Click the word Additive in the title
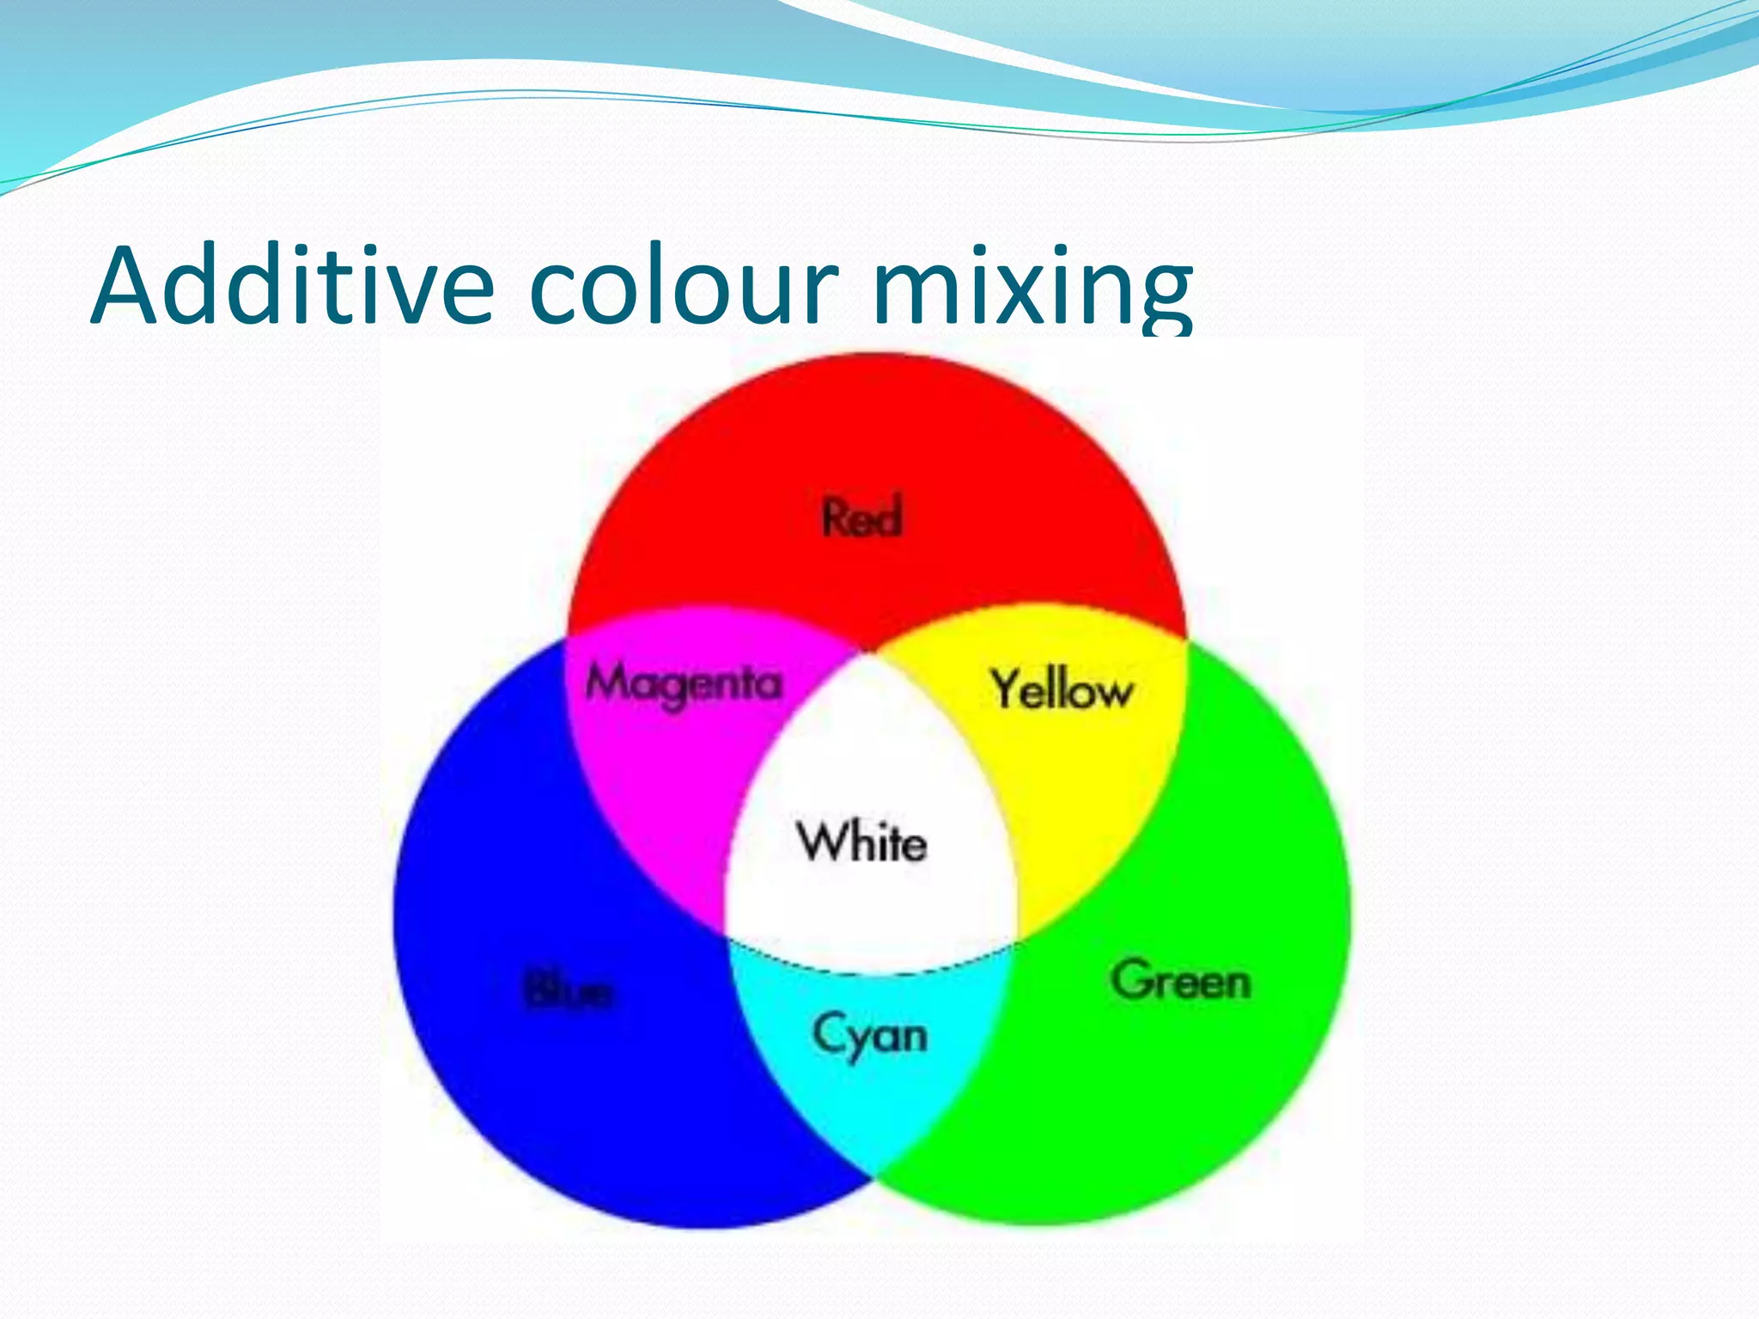click(292, 285)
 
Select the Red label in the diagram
click(862, 517)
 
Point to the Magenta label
click(684, 684)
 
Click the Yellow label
click(1062, 689)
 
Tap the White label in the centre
click(861, 842)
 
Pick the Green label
click(1180, 980)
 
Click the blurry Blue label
click(568, 993)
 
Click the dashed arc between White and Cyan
click(867, 972)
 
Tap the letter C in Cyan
click(830, 1032)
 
